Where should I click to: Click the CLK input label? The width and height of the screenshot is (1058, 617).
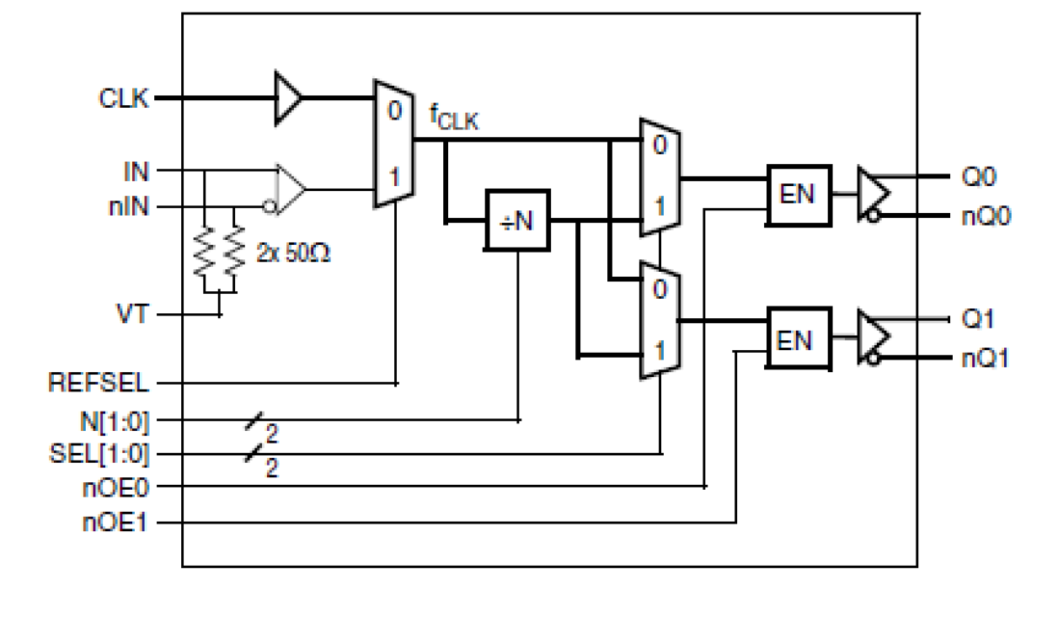[x=124, y=98]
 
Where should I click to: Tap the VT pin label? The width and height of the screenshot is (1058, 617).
[x=132, y=316]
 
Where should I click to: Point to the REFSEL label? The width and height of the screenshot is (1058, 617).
[x=99, y=384]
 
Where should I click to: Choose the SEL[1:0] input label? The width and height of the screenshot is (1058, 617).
[x=99, y=455]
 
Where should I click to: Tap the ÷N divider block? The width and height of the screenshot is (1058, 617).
[x=517, y=221]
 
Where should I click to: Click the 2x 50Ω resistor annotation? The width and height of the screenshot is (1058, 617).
[x=294, y=252]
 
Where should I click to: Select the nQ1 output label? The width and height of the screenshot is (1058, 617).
[x=986, y=358]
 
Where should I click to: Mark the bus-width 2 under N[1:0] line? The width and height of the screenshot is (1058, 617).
[x=272, y=433]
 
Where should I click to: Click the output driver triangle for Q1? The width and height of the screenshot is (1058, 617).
[x=873, y=337]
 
